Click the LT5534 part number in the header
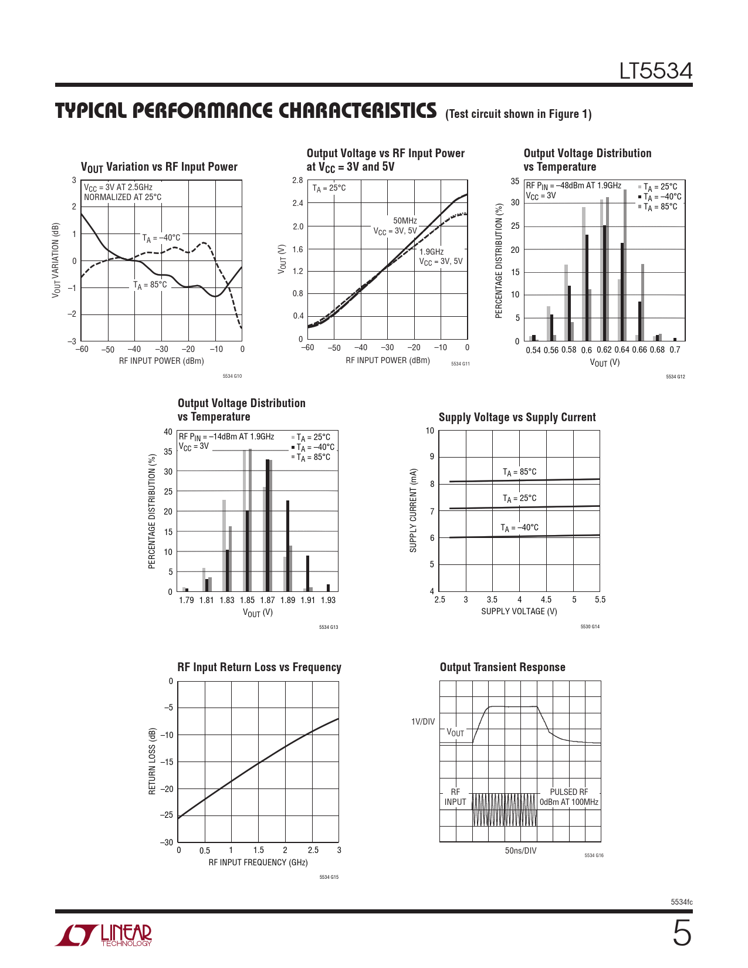click(x=655, y=71)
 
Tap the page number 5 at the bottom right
click(x=681, y=933)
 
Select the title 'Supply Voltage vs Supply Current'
click(x=517, y=417)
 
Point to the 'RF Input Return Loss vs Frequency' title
click(x=259, y=667)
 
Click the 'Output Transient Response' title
click(x=502, y=667)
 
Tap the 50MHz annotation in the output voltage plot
click(x=405, y=221)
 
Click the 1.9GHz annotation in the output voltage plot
click(x=431, y=252)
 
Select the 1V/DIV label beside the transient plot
click(x=423, y=722)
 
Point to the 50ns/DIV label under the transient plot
click(x=520, y=851)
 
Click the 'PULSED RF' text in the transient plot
click(x=568, y=792)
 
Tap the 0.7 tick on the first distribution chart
click(x=675, y=350)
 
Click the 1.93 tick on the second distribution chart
click(x=328, y=600)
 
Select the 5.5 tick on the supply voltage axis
click(x=600, y=600)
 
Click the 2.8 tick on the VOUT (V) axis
click(x=297, y=181)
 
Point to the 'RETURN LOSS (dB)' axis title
click(x=153, y=761)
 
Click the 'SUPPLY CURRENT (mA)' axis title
click(x=413, y=510)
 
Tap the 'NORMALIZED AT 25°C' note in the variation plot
click(x=123, y=197)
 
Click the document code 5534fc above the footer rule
click(x=681, y=902)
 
